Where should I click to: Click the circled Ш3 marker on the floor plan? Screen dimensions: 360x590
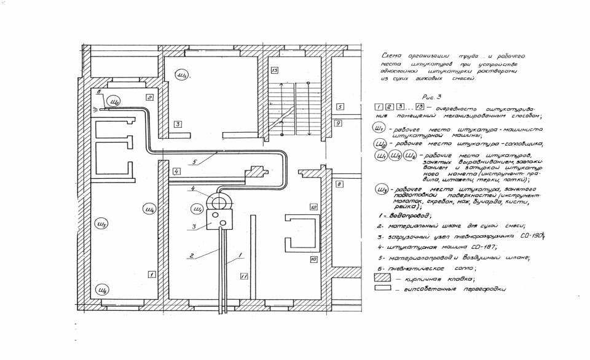pos(182,76)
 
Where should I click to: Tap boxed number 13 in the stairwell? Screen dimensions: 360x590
pos(275,71)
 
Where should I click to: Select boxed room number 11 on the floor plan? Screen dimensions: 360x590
pos(243,277)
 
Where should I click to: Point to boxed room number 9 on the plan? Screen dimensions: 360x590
pos(338,123)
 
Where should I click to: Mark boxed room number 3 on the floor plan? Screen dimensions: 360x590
pos(177,124)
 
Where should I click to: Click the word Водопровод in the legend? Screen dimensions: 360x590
pos(408,216)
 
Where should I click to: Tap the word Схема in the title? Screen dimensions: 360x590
pos(392,55)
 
